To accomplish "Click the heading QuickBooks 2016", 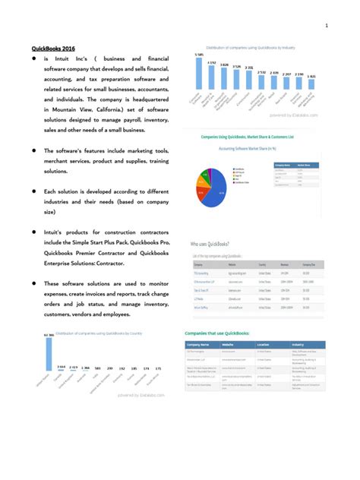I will (52, 48).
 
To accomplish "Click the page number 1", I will (326, 27).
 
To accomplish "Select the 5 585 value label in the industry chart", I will (198, 55).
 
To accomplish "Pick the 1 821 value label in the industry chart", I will (311, 77).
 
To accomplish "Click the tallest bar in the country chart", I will (49, 361).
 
